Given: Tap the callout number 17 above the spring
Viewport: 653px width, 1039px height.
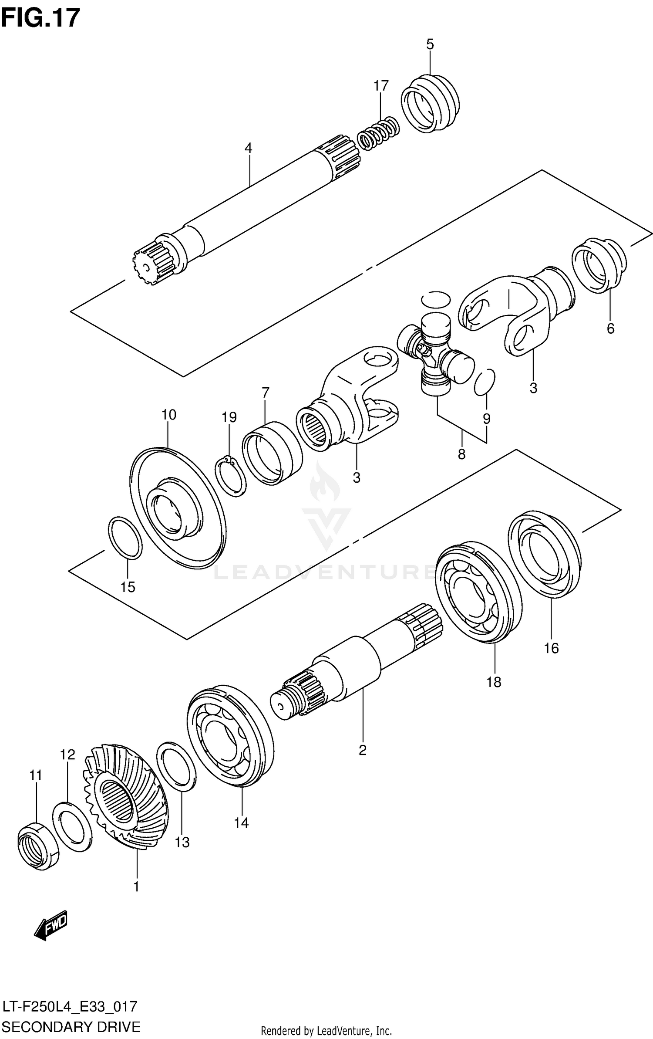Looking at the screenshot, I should click(x=380, y=86).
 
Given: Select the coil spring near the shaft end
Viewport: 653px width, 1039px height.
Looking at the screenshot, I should click(x=378, y=134).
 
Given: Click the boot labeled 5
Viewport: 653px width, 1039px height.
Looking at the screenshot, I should click(x=430, y=103).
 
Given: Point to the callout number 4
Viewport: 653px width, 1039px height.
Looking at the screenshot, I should click(x=248, y=148).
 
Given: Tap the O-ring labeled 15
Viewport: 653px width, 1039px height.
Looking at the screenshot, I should click(x=125, y=538).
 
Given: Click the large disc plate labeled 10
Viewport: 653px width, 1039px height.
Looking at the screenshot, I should click(x=178, y=508).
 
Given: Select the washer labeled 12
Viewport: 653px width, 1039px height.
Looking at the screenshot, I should click(x=72, y=826).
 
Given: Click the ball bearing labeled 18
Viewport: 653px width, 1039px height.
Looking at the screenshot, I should click(x=478, y=592).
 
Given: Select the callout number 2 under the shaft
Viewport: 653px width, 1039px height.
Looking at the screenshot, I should click(x=362, y=750).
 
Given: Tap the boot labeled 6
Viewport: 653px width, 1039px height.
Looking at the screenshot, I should click(x=599, y=266).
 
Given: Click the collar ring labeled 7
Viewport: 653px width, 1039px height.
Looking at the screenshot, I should click(x=272, y=453).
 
